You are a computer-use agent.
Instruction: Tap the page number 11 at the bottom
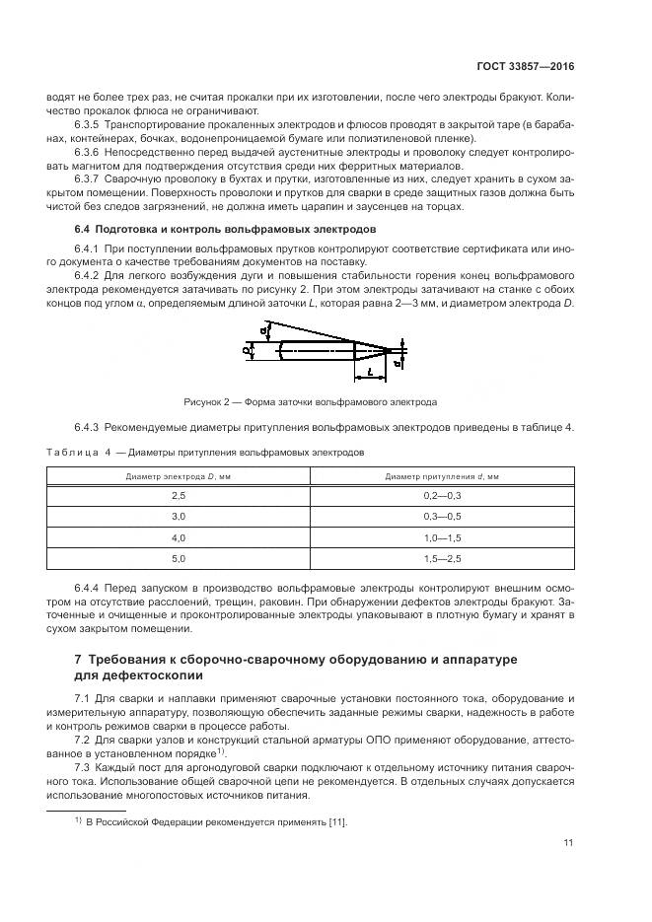[569, 842]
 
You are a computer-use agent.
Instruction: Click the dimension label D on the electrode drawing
[246, 349]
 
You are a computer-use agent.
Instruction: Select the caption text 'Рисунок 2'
[208, 402]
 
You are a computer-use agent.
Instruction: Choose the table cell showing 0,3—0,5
[442, 516]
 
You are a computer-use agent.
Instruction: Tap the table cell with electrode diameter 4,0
[179, 537]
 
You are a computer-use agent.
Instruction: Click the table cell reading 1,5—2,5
[442, 559]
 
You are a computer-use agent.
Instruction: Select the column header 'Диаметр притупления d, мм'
[442, 475]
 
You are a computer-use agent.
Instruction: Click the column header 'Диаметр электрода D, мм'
[179, 475]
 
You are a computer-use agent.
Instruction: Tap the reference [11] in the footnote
[336, 821]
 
